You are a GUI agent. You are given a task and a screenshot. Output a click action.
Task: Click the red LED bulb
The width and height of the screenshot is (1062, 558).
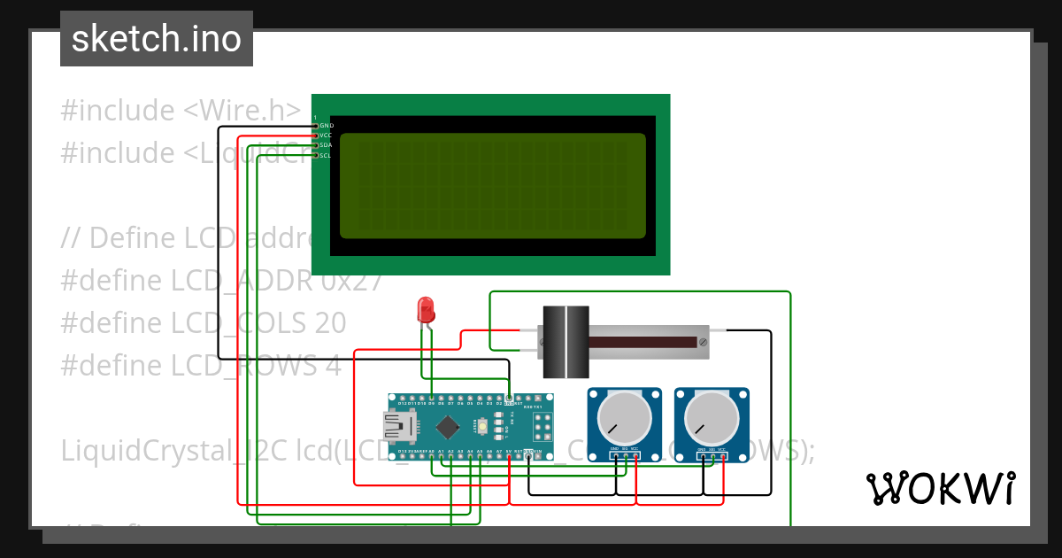(x=426, y=310)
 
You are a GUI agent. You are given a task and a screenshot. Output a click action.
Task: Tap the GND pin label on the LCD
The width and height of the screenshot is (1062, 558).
(x=325, y=126)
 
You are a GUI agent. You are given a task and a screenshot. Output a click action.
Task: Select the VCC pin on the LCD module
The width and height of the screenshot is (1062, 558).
(x=325, y=136)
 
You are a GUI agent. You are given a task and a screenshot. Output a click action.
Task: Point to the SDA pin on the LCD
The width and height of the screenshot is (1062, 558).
(x=325, y=145)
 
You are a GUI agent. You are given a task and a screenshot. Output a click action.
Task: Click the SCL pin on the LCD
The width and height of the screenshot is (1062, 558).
(x=325, y=155)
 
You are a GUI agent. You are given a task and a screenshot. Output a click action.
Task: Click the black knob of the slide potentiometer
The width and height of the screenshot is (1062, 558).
(x=566, y=341)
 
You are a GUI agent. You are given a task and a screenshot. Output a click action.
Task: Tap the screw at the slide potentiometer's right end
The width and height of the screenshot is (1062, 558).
(x=703, y=341)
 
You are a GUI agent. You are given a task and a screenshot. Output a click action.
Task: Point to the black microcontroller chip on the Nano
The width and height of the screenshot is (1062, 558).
(x=447, y=427)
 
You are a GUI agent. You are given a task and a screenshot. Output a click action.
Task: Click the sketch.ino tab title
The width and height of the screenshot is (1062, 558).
(x=157, y=39)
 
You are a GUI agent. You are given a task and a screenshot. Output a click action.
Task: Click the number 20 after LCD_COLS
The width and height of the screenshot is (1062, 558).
(x=329, y=322)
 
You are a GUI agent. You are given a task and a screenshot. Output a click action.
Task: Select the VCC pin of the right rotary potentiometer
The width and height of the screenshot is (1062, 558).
(x=723, y=456)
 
